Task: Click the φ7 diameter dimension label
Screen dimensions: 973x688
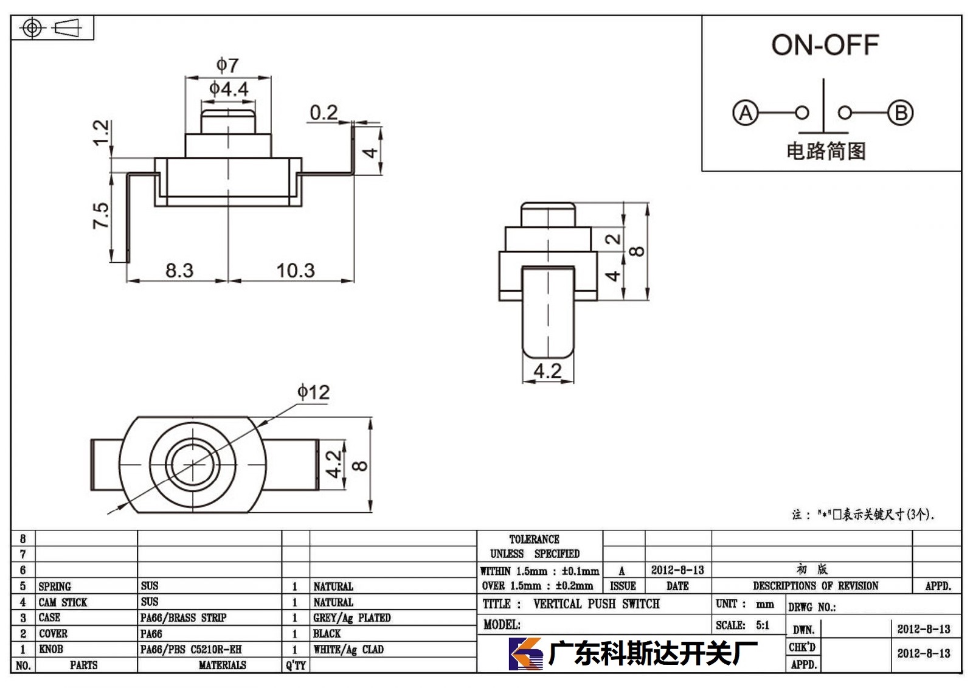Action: [227, 65]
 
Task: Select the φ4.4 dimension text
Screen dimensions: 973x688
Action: [229, 89]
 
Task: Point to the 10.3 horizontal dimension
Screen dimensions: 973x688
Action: [296, 270]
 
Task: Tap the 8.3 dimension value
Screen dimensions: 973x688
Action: [179, 270]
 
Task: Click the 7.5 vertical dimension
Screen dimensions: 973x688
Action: [100, 215]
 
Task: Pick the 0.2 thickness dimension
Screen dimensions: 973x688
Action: [324, 113]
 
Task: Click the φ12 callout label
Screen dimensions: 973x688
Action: [313, 392]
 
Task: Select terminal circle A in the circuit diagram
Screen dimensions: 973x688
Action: [746, 113]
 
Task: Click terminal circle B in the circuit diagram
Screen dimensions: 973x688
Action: [901, 113]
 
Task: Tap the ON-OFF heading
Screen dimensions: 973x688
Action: [825, 45]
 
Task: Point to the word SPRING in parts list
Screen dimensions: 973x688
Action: [55, 586]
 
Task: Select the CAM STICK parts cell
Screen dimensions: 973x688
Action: [63, 602]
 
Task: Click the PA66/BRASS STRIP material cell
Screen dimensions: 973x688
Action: [183, 617]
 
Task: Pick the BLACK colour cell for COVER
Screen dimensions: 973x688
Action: [327, 634]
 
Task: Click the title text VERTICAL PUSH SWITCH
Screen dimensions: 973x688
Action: [597, 603]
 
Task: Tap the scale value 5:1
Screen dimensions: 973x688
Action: [763, 625]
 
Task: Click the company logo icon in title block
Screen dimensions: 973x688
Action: [525, 654]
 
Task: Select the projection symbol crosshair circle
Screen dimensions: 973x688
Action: [32, 28]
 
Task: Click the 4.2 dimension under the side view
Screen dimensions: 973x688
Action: [547, 370]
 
